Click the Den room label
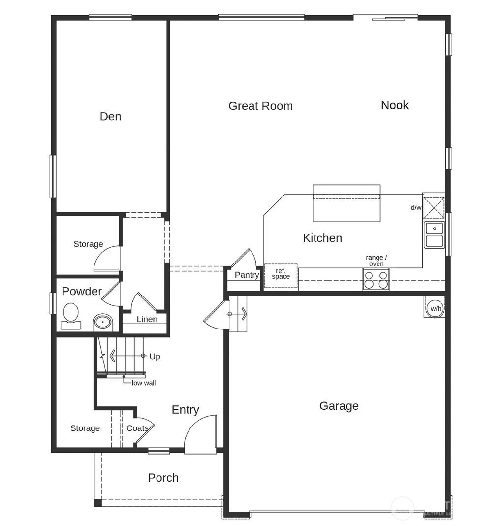tap(110, 116)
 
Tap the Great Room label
tap(260, 106)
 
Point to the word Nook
tap(395, 105)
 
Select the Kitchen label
tap(322, 238)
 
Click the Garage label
tap(339, 406)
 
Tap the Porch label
tap(163, 477)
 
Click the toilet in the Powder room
tap(71, 316)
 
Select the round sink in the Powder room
tap(103, 323)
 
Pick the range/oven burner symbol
tap(377, 279)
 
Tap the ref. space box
tap(281, 274)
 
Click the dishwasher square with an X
tap(434, 207)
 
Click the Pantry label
tap(247, 275)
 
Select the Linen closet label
tap(147, 319)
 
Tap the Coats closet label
tap(137, 428)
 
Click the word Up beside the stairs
tap(155, 356)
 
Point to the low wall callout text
tap(144, 383)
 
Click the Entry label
tap(185, 410)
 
